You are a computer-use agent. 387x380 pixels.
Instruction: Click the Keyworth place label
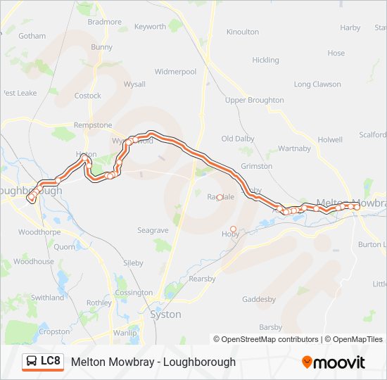point(150,27)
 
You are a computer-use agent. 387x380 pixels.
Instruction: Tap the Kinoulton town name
point(243,32)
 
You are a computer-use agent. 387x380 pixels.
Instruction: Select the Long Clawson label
point(317,84)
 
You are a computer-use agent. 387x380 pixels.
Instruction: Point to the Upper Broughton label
point(255,100)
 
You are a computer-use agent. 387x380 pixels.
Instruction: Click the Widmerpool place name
point(175,72)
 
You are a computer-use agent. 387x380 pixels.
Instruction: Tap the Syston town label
point(165,315)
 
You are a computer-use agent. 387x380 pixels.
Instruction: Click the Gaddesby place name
point(259,299)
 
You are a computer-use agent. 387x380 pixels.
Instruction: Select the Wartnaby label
point(294,148)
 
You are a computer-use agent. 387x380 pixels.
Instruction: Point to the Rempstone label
point(93,125)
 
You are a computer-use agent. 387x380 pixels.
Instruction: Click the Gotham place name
point(32,36)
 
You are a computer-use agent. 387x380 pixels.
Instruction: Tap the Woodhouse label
point(34,261)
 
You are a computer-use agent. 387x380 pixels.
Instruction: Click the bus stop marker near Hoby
point(234,229)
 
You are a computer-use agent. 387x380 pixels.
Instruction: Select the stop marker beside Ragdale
point(220,198)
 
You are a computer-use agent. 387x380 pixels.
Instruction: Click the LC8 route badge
point(43,362)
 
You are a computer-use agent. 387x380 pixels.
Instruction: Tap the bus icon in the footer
point(32,362)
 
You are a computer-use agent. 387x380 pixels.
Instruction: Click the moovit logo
point(334,362)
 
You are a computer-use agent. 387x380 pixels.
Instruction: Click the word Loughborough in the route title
point(199,362)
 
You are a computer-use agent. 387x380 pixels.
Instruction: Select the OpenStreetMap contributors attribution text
point(269,339)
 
